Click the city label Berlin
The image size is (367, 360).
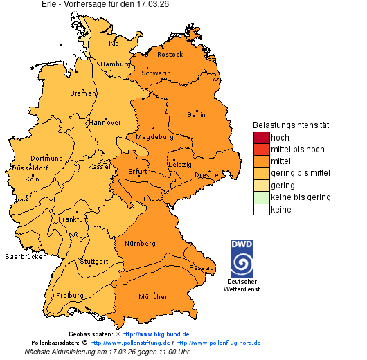(x=196, y=114)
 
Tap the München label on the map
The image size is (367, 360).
(x=154, y=297)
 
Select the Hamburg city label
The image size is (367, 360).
(x=116, y=64)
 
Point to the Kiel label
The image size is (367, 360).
(x=115, y=43)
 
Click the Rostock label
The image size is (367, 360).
(x=170, y=54)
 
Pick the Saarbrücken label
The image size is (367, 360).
(x=26, y=256)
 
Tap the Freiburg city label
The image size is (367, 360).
(x=70, y=295)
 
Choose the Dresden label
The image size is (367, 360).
(x=208, y=175)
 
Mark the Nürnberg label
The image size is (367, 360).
(x=140, y=244)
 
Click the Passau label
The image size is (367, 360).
(x=202, y=267)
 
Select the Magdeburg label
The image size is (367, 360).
(x=154, y=136)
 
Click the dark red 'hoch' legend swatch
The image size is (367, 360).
(x=261, y=138)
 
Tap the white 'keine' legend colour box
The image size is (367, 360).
(x=261, y=209)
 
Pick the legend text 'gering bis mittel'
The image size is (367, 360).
(x=301, y=173)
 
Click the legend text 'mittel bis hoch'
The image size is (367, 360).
(x=297, y=150)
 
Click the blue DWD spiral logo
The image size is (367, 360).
(x=242, y=260)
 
